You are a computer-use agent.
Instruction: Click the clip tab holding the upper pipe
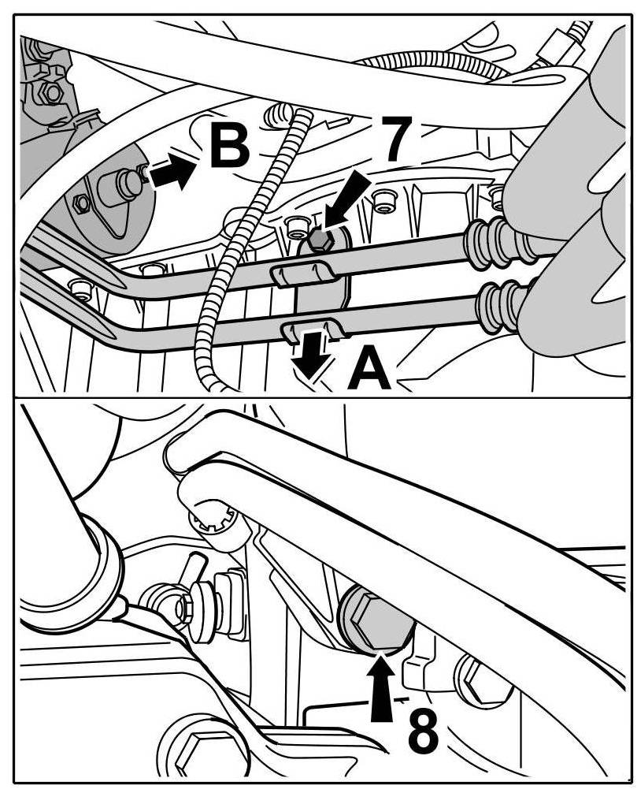tap(300, 273)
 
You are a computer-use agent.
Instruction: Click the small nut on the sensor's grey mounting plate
tap(81, 204)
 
